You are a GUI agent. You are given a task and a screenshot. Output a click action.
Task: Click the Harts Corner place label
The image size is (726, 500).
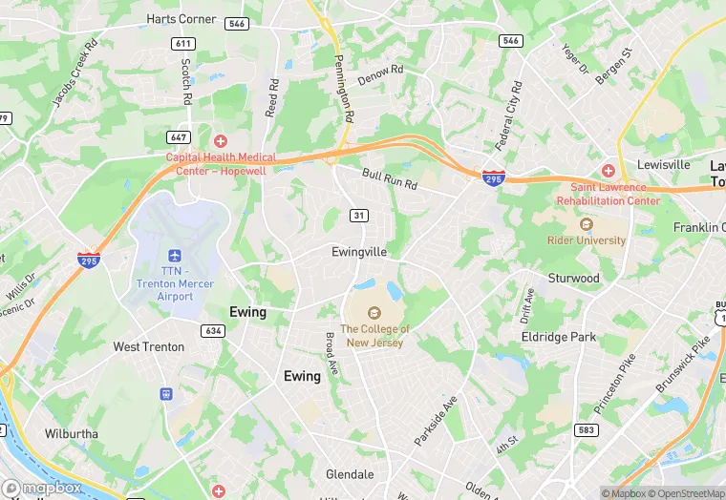click(x=181, y=18)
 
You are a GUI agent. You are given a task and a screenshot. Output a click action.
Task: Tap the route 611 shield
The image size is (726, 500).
click(x=182, y=44)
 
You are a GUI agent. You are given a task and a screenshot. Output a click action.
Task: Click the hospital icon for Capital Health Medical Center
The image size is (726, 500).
click(x=221, y=141)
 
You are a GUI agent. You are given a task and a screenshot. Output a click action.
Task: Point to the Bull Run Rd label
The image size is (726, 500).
click(x=390, y=178)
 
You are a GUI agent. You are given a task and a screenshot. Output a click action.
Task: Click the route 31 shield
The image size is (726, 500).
click(x=358, y=216)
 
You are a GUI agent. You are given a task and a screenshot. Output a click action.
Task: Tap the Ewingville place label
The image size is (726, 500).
click(x=358, y=252)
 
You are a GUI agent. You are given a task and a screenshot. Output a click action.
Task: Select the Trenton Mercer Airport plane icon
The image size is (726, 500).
click(x=174, y=256)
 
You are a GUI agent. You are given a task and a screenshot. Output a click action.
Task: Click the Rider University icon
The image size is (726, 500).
click(x=586, y=225)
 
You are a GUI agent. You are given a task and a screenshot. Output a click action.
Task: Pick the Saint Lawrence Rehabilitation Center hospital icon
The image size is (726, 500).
click(x=609, y=171)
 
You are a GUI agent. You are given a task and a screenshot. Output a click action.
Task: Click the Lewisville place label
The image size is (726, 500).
click(x=663, y=164)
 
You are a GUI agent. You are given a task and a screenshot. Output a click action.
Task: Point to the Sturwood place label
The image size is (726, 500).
click(x=573, y=279)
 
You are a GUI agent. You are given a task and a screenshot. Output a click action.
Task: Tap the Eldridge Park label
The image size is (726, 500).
click(x=558, y=337)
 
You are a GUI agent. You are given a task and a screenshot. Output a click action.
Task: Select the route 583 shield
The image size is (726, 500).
click(x=587, y=430)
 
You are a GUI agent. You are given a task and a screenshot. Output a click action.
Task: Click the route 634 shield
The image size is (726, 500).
click(x=212, y=330)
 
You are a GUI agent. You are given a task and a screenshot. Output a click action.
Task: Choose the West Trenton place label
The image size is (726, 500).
click(x=149, y=346)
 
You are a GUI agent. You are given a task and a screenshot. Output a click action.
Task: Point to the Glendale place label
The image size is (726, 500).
click(x=350, y=474)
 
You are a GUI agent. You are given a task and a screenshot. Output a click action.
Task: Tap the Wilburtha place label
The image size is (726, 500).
click(x=71, y=433)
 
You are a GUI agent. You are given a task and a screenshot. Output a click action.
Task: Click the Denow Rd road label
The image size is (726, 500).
click(x=380, y=75)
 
